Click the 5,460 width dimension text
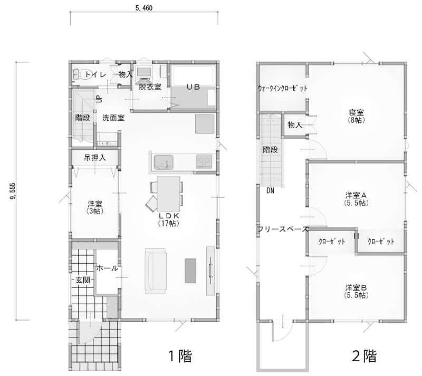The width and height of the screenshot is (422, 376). (144, 8)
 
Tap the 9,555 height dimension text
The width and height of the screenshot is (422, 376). (13, 191)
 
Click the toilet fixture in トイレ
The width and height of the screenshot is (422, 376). (77, 74)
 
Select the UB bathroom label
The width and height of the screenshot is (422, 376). (193, 87)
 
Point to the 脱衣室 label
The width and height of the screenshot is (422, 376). (150, 87)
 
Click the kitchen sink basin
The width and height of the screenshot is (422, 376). (164, 162)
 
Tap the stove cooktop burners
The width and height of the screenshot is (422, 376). (204, 161)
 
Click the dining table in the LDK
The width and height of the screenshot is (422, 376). (168, 194)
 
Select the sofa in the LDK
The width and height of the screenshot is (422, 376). (155, 271)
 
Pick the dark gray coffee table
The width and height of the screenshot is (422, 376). (190, 271)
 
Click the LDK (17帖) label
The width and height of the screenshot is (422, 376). (168, 219)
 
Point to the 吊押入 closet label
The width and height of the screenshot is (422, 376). (95, 158)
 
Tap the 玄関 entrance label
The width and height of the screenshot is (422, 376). (83, 280)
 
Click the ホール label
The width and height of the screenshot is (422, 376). (107, 268)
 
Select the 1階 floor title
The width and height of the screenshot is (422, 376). (180, 356)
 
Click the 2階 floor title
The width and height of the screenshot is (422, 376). (364, 356)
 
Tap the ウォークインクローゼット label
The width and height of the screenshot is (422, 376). (282, 88)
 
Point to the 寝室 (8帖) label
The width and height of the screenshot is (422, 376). (357, 116)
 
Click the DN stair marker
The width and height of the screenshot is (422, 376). (270, 190)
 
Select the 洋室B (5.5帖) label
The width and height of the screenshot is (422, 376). (356, 291)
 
